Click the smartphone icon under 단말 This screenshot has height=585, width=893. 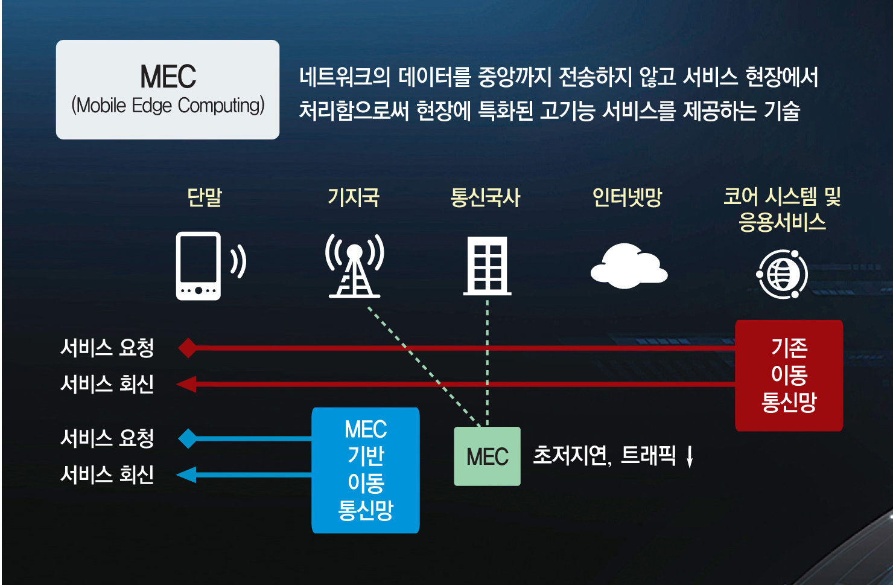(199, 266)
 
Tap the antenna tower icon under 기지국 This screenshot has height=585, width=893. (355, 266)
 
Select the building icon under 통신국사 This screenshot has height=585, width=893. (487, 266)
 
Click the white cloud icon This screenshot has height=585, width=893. (629, 266)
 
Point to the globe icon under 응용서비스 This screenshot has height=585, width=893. (782, 274)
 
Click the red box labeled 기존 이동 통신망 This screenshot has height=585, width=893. (789, 375)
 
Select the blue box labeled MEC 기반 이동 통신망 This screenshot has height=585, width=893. (365, 470)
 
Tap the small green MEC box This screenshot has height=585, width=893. (487, 456)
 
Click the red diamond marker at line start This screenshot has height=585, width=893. (188, 348)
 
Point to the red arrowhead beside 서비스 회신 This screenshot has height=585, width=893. (186, 384)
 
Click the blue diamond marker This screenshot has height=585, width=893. (188, 439)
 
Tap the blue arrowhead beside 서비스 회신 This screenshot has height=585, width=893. (186, 475)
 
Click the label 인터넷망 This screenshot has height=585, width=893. (627, 197)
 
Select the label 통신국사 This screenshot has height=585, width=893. (485, 197)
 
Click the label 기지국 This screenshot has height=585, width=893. (354, 197)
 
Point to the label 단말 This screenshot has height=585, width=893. (205, 197)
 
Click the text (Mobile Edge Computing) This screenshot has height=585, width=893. (168, 106)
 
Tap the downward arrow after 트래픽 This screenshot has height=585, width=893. (690, 456)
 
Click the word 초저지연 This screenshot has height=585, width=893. (571, 455)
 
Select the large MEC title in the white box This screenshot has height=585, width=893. (168, 77)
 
